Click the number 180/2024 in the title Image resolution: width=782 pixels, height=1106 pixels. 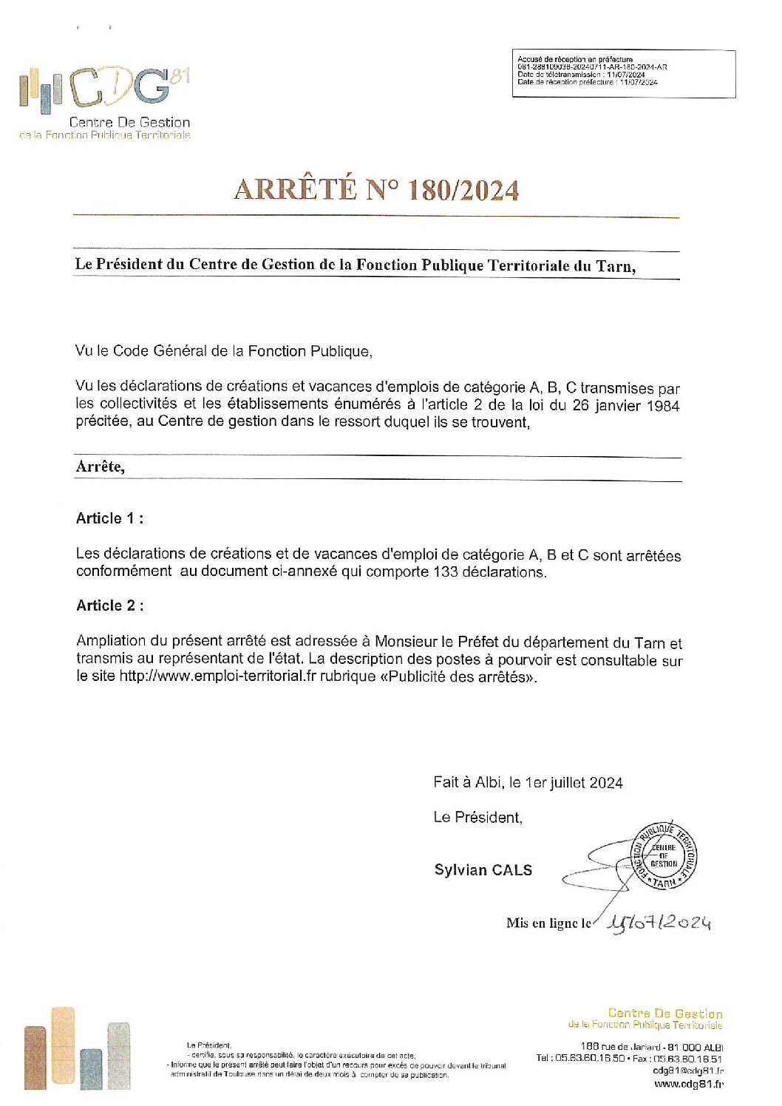point(463,190)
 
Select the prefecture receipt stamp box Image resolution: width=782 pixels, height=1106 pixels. point(624,73)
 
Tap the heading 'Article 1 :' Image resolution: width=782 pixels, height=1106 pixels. point(110,518)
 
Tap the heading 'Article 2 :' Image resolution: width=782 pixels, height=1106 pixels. point(110,605)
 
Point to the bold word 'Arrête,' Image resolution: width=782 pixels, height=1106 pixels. point(101,467)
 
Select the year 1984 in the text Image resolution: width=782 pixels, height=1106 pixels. point(663,405)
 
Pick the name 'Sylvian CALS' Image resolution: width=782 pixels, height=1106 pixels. point(483,870)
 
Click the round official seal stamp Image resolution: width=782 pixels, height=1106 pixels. point(663,855)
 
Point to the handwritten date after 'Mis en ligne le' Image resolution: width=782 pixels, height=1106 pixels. point(659,922)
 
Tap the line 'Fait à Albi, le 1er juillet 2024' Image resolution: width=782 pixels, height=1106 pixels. point(528,782)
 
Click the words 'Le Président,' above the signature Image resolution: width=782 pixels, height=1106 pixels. point(477,817)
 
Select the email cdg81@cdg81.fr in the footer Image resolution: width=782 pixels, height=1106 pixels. point(688,1071)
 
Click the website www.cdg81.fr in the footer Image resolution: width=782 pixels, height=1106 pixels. point(688,1085)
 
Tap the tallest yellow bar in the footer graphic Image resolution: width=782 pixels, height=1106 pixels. point(63,1048)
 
